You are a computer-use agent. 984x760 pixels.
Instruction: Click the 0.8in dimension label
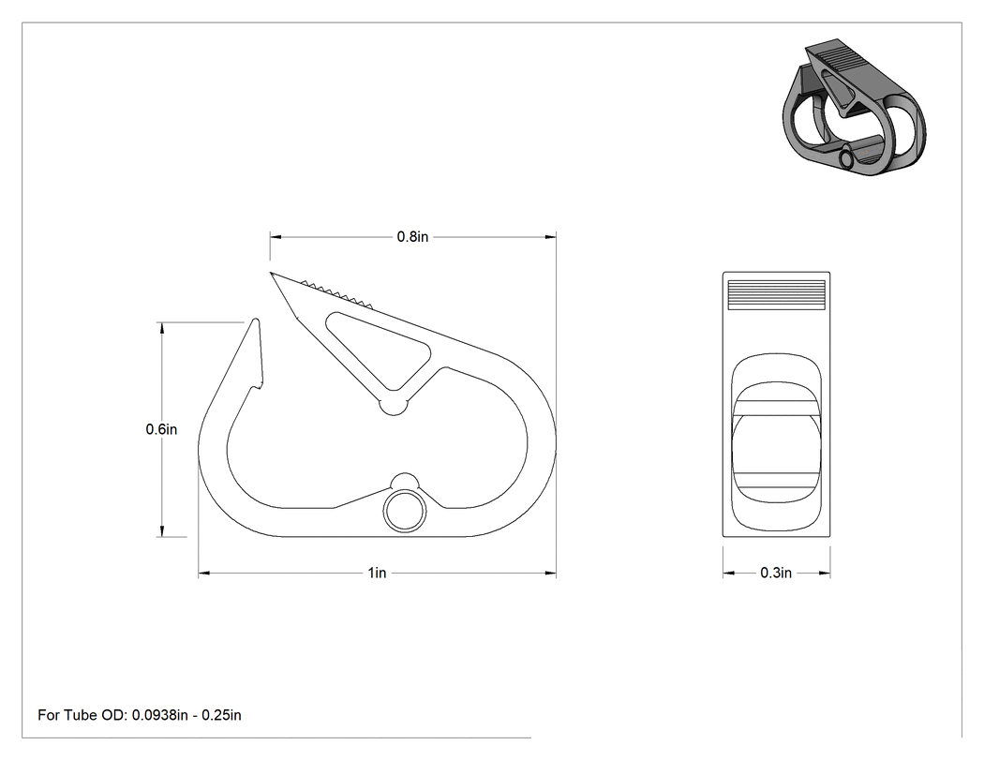(x=412, y=236)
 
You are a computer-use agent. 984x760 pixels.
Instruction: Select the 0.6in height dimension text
(x=161, y=429)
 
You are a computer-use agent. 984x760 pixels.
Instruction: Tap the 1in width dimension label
(x=377, y=573)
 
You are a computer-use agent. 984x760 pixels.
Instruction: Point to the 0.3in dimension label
(x=776, y=573)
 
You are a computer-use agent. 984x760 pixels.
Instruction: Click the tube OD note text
(x=140, y=715)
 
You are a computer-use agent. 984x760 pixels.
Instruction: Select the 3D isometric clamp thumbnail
(x=854, y=110)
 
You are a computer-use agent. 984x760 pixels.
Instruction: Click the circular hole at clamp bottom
(x=405, y=512)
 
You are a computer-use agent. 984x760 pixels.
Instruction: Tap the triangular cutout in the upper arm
(x=378, y=349)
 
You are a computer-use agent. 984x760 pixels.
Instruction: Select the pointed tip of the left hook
(x=256, y=320)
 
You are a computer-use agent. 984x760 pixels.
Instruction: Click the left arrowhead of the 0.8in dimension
(x=276, y=237)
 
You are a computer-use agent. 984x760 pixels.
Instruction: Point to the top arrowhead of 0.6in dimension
(x=162, y=328)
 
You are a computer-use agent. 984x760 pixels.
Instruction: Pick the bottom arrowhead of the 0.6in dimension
(x=162, y=531)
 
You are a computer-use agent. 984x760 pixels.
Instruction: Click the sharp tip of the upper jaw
(x=271, y=273)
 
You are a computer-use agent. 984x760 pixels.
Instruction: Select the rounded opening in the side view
(x=776, y=443)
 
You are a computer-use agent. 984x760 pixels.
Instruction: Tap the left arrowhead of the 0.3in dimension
(x=728, y=573)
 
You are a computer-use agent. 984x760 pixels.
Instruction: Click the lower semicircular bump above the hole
(x=405, y=481)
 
